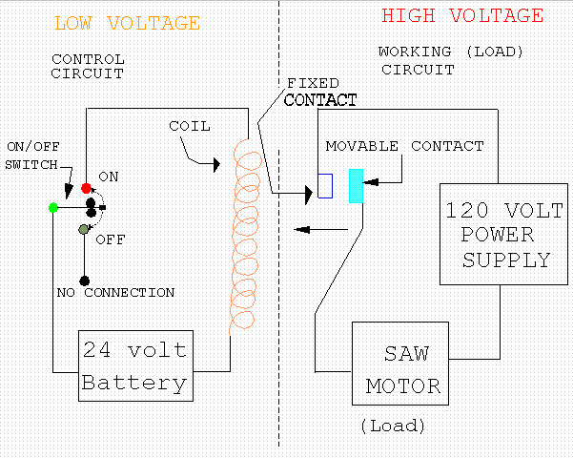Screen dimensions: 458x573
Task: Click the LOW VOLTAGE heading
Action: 127,23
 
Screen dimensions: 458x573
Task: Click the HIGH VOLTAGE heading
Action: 462,16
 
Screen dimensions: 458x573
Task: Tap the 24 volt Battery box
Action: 134,365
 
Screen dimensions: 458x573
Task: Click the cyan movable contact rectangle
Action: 357,185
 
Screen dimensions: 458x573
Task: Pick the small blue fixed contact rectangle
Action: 325,185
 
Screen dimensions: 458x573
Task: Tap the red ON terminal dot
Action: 86,188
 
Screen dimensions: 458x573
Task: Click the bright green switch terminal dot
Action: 53,207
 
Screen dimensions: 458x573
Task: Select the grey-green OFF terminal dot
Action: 84,229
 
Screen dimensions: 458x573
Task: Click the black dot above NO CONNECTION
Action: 85,280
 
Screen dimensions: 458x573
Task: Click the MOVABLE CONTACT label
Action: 404,146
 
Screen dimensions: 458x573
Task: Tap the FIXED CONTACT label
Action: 319,92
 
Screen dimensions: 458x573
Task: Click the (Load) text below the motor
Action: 393,426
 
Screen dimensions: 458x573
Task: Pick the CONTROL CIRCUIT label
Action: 88,66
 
